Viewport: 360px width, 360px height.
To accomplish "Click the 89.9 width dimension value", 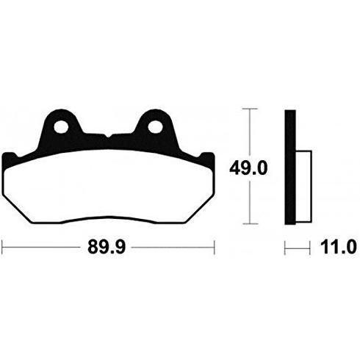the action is pyautogui.click(x=107, y=247).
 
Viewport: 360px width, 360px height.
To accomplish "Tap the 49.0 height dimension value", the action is pyautogui.click(x=248, y=168).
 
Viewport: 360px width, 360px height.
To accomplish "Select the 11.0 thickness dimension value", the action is pyautogui.click(x=338, y=247).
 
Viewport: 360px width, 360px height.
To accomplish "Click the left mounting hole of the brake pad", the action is pyautogui.click(x=61, y=127).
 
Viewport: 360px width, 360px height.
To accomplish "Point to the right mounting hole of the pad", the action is pyautogui.click(x=155, y=127).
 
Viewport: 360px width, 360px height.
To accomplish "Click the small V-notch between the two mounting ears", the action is pyautogui.click(x=108, y=136).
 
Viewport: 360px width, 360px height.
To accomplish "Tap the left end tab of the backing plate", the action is pyautogui.click(x=10, y=159).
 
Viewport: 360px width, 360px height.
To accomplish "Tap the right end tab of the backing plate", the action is pyautogui.click(x=208, y=159).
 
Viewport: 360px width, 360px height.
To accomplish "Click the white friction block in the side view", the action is pyautogui.click(x=303, y=187).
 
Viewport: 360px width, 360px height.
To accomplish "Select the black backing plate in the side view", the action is pyautogui.click(x=290, y=168).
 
